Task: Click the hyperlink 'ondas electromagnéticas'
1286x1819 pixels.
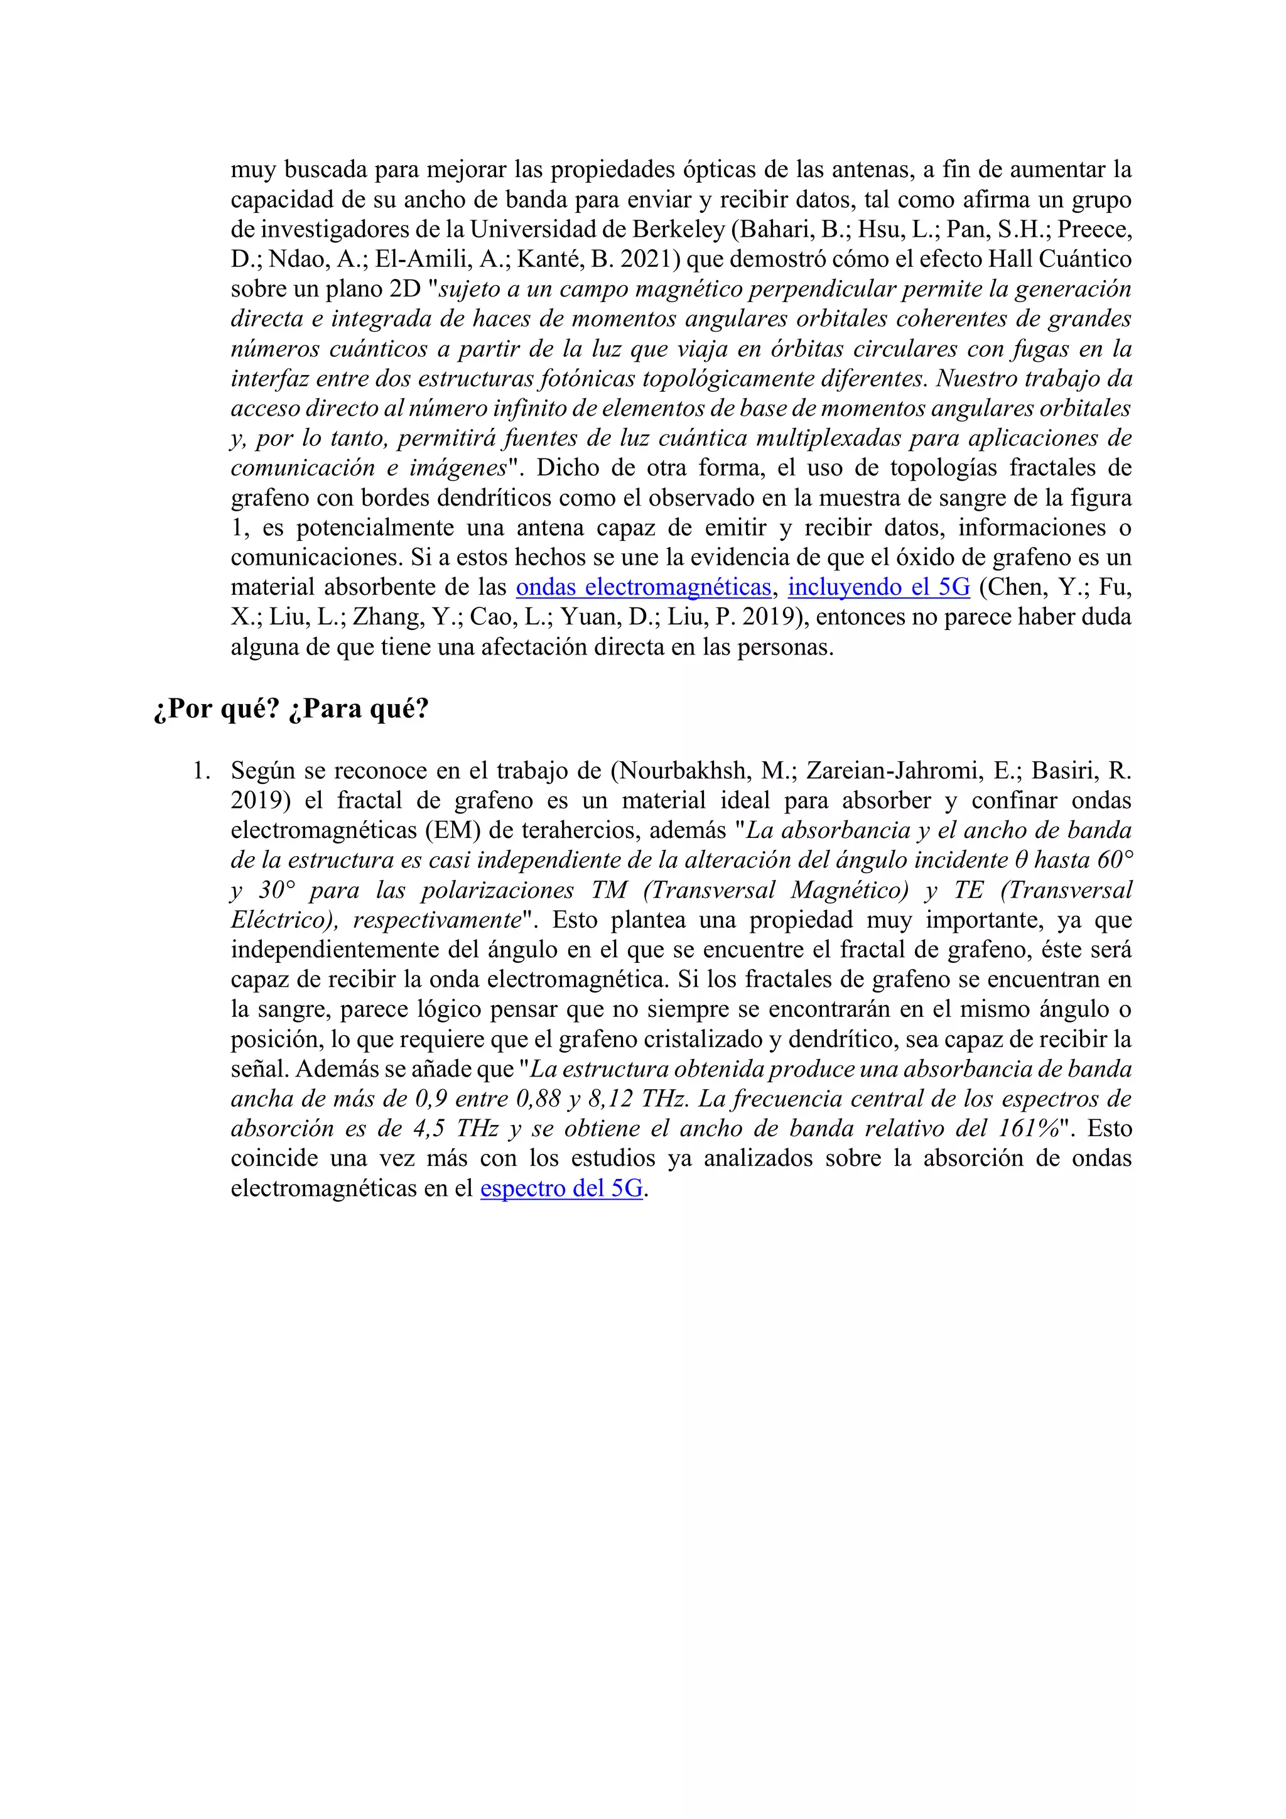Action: [x=643, y=588]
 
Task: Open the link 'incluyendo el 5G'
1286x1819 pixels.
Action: [x=878, y=588]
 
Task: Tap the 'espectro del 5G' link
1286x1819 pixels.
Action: [x=561, y=1189]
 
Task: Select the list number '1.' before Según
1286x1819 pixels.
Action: [x=202, y=771]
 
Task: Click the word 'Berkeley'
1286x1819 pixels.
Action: [x=678, y=230]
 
